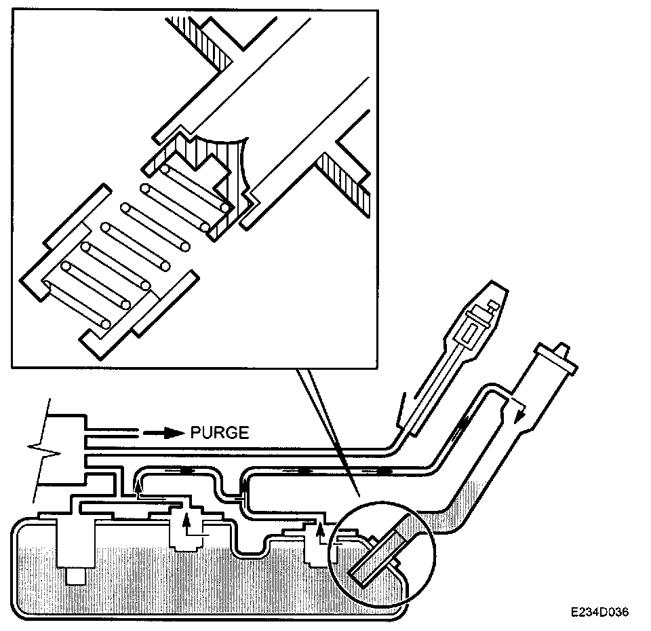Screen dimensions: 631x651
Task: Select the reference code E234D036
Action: tap(599, 611)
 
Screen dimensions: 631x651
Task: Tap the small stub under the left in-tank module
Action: tap(75, 576)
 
